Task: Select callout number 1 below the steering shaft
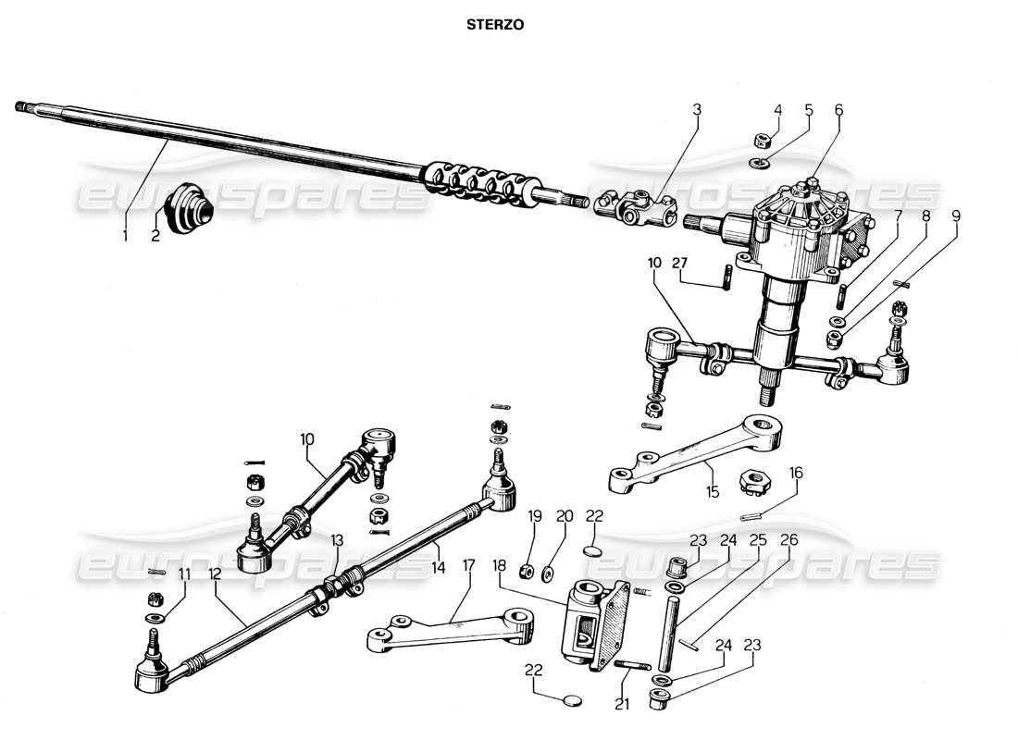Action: (125, 236)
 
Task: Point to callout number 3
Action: (697, 109)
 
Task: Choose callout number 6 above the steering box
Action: (838, 109)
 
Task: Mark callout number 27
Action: (681, 262)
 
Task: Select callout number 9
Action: (956, 216)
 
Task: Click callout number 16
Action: (796, 473)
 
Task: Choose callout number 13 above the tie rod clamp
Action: (337, 539)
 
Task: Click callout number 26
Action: (788, 541)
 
